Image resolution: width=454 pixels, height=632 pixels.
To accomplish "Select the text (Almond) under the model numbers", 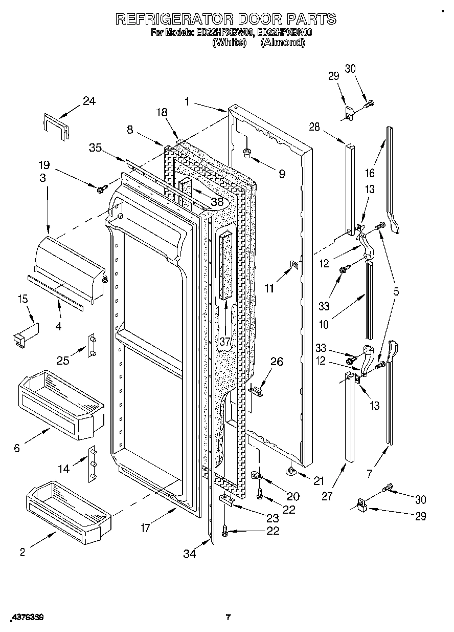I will click(282, 43).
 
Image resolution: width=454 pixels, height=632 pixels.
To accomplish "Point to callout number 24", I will click(89, 101).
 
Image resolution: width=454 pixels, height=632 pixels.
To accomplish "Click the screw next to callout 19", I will click(101, 189).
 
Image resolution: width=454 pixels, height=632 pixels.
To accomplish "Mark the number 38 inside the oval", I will click(218, 202).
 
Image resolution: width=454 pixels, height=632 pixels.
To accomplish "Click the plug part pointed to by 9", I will click(247, 152).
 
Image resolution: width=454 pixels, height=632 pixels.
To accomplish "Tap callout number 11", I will click(269, 288).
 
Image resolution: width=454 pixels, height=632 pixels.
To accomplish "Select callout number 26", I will click(276, 362).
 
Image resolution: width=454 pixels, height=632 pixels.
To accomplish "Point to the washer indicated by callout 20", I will click(258, 476).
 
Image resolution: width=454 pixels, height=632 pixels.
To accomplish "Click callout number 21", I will click(319, 480).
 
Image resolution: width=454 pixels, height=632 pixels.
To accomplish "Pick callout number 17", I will click(146, 528).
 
